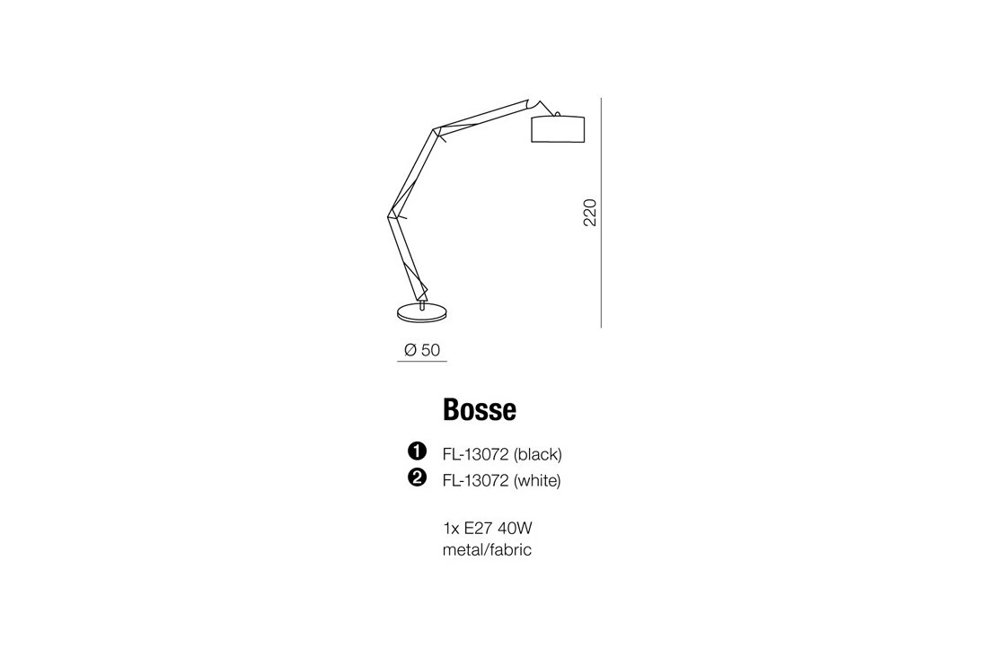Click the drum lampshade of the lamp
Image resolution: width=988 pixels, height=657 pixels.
[558, 129]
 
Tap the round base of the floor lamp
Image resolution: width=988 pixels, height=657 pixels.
[422, 312]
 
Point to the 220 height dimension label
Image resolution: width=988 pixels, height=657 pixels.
[590, 212]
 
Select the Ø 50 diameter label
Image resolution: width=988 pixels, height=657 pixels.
[422, 350]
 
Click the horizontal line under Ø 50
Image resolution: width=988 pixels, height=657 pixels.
[422, 362]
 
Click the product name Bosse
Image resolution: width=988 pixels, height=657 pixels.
[480, 410]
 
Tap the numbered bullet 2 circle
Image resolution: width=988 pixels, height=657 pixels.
[416, 479]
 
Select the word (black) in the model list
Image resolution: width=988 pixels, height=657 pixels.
[537, 454]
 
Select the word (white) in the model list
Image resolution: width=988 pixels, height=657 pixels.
[536, 480]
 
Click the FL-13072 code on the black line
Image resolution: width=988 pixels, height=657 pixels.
[475, 454]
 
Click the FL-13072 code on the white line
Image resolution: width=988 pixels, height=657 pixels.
[475, 480]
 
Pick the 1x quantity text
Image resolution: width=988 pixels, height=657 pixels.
[452, 528]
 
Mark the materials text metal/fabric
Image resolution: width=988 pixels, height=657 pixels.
[487, 549]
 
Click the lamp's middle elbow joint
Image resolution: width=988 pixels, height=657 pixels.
[393, 215]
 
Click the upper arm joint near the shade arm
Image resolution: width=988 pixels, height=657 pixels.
[437, 133]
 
